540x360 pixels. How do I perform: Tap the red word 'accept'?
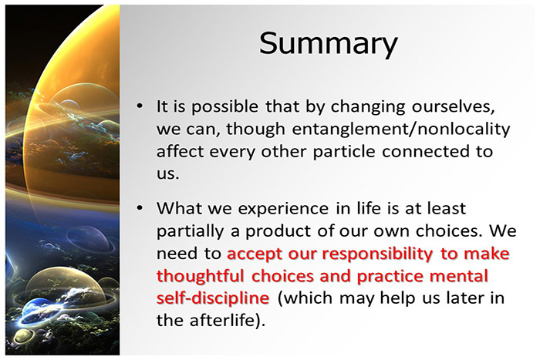click(x=255, y=253)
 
